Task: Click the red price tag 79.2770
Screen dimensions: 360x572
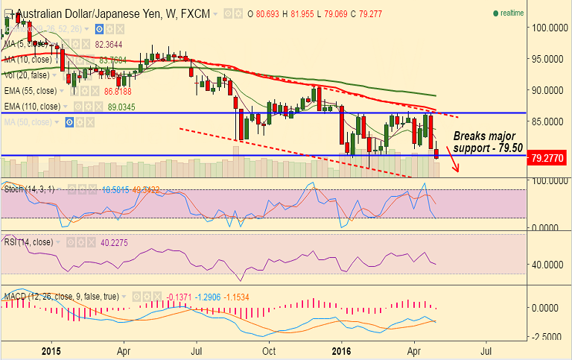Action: click(547, 157)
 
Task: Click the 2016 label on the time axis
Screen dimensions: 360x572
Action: click(340, 350)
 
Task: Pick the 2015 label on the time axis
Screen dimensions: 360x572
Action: click(51, 350)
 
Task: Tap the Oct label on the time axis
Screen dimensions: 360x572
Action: click(269, 350)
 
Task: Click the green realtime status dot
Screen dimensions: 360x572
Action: click(495, 13)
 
